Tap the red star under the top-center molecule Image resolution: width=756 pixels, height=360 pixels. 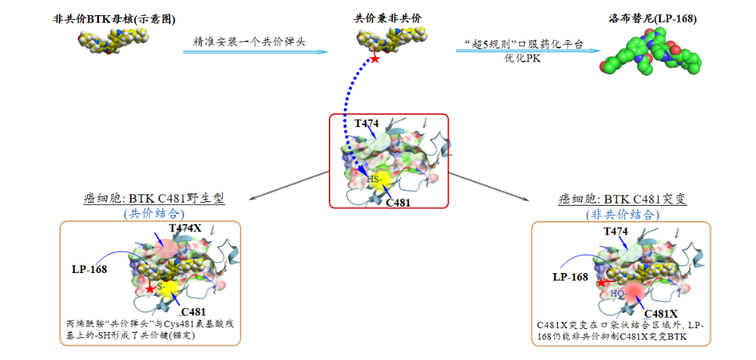click(374, 59)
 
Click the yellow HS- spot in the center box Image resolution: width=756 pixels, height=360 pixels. click(380, 180)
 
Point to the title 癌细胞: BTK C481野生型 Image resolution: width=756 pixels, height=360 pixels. click(154, 199)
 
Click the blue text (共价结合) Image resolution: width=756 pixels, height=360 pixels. click(154, 213)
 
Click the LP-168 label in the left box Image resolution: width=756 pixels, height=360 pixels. click(89, 269)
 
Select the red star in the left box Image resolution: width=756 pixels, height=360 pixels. click(151, 289)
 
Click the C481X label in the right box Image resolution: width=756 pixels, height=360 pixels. click(661, 313)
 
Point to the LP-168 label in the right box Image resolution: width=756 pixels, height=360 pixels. click(570, 277)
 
